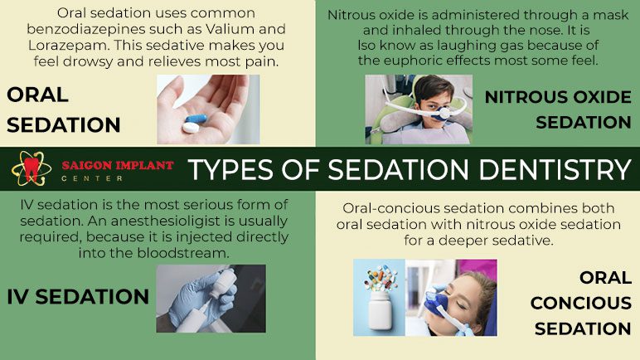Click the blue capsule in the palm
click(x=196, y=119)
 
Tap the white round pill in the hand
click(x=191, y=128)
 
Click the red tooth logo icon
click(x=32, y=168)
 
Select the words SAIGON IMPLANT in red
click(x=118, y=166)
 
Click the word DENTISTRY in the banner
click(x=555, y=169)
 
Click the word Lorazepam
click(x=69, y=45)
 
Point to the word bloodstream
click(x=182, y=253)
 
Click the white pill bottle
click(x=380, y=311)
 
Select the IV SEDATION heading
click(x=78, y=297)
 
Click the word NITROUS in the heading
click(x=526, y=97)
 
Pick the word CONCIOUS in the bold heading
click(x=581, y=304)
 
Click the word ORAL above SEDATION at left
click(x=37, y=95)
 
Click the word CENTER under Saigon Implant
click(x=92, y=178)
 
